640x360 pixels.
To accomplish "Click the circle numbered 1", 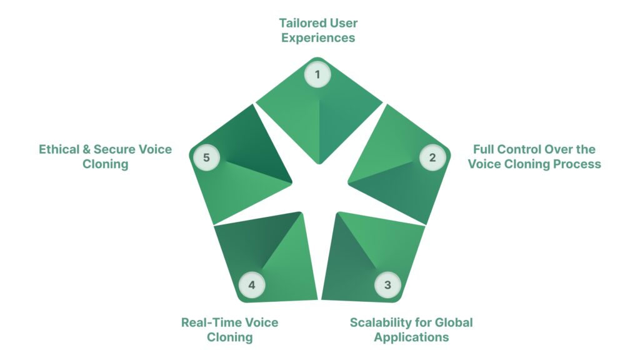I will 317,76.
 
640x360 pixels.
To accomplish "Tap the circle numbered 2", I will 432,157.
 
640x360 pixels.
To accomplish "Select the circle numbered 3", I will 387,285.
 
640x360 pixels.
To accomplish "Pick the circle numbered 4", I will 252,285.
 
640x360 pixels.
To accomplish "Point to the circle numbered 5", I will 206,157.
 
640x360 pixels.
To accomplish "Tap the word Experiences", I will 318,38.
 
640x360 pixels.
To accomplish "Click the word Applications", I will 411,337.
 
